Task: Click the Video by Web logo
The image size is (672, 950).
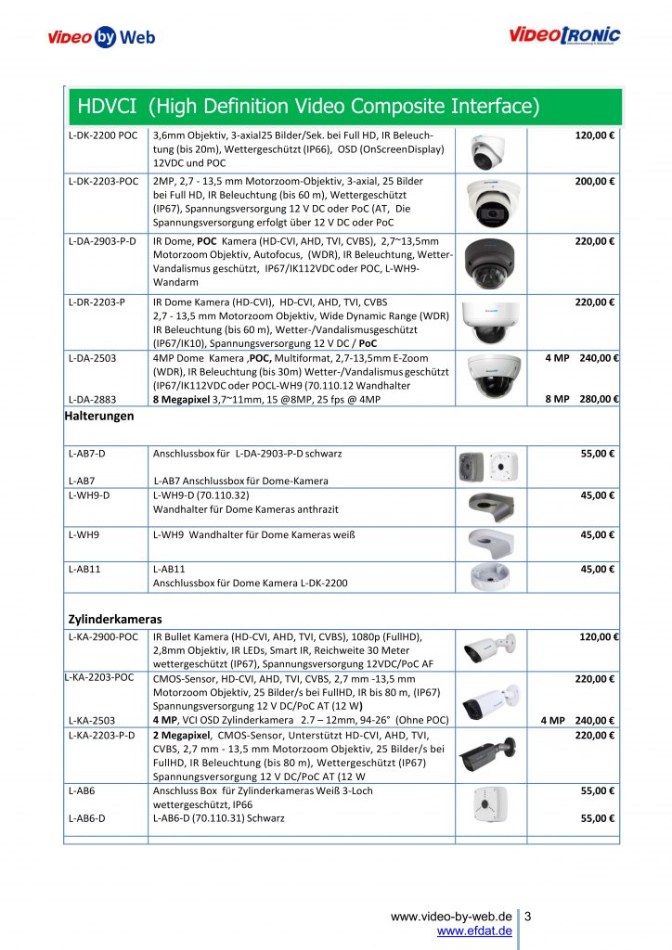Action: pyautogui.click(x=101, y=38)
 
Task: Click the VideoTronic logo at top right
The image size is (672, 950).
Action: pyautogui.click(x=564, y=36)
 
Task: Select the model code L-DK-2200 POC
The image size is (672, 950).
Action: pyautogui.click(x=103, y=135)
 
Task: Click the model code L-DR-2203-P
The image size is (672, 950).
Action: pyautogui.click(x=97, y=302)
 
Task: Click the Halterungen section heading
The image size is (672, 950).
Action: pyautogui.click(x=99, y=417)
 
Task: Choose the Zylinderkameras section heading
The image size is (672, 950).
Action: pyautogui.click(x=115, y=618)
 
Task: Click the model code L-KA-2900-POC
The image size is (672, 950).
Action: pyautogui.click(x=103, y=637)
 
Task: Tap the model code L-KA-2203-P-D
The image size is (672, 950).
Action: pyautogui.click(x=102, y=736)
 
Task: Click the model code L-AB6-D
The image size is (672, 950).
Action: pyautogui.click(x=88, y=819)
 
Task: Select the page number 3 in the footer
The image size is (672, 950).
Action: pyautogui.click(x=528, y=917)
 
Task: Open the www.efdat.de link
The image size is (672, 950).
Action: pyautogui.click(x=474, y=931)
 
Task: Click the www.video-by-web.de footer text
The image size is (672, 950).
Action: pyautogui.click(x=451, y=917)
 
